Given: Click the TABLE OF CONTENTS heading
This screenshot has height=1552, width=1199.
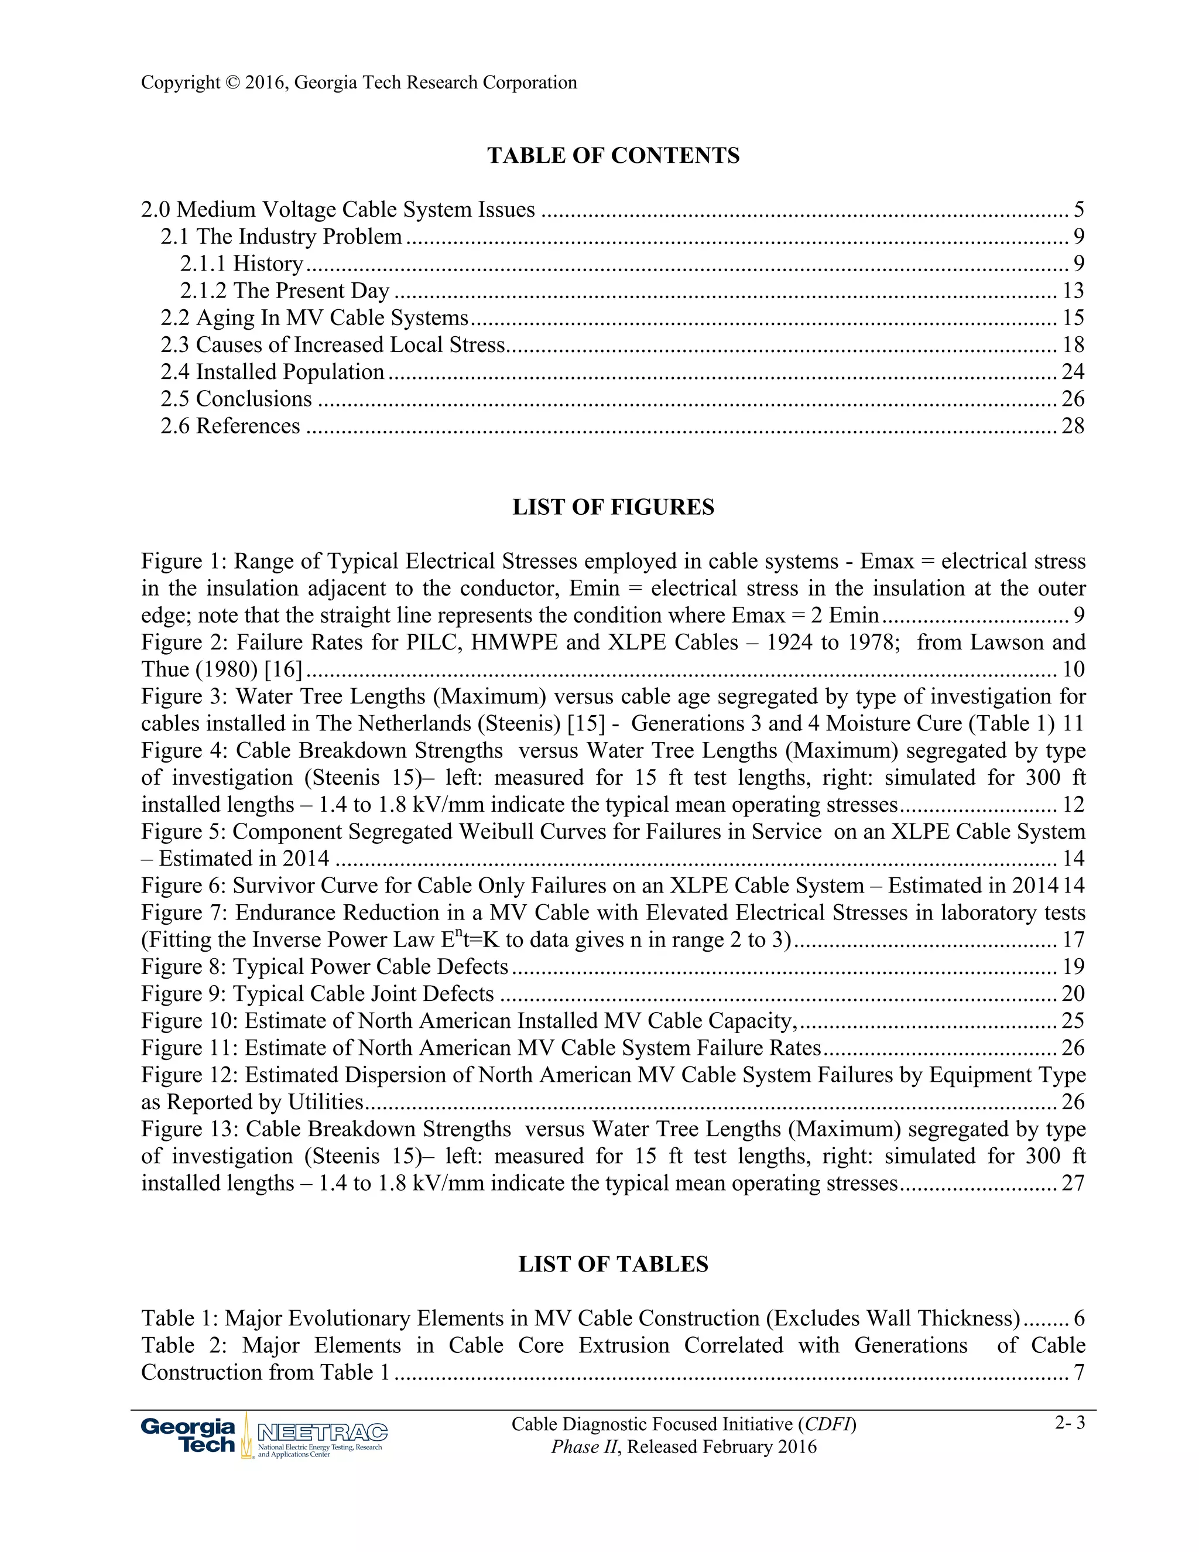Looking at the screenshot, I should (613, 156).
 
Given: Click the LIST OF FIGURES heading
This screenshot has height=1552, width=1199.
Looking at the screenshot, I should (613, 507).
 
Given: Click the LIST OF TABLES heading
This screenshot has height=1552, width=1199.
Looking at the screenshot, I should (613, 1264).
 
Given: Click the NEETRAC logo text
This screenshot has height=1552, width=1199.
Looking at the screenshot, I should (322, 1431).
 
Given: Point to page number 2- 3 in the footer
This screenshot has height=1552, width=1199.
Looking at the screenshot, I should (1070, 1423).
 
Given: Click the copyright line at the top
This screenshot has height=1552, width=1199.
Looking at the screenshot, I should (359, 83).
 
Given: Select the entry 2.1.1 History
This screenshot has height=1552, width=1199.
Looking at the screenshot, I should (242, 264).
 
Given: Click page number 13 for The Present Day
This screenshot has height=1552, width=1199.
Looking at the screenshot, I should (1073, 290).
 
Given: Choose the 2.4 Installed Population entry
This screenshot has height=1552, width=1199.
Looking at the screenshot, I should (272, 372).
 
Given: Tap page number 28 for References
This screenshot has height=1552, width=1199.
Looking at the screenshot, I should (1073, 426).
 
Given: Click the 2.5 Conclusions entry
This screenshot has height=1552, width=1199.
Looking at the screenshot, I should (236, 399).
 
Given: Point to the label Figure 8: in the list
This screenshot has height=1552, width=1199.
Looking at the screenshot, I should (183, 966).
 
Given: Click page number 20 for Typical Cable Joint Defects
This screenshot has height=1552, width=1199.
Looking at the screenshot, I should (1073, 993).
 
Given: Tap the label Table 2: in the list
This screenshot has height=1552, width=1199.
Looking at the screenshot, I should (183, 1345).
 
